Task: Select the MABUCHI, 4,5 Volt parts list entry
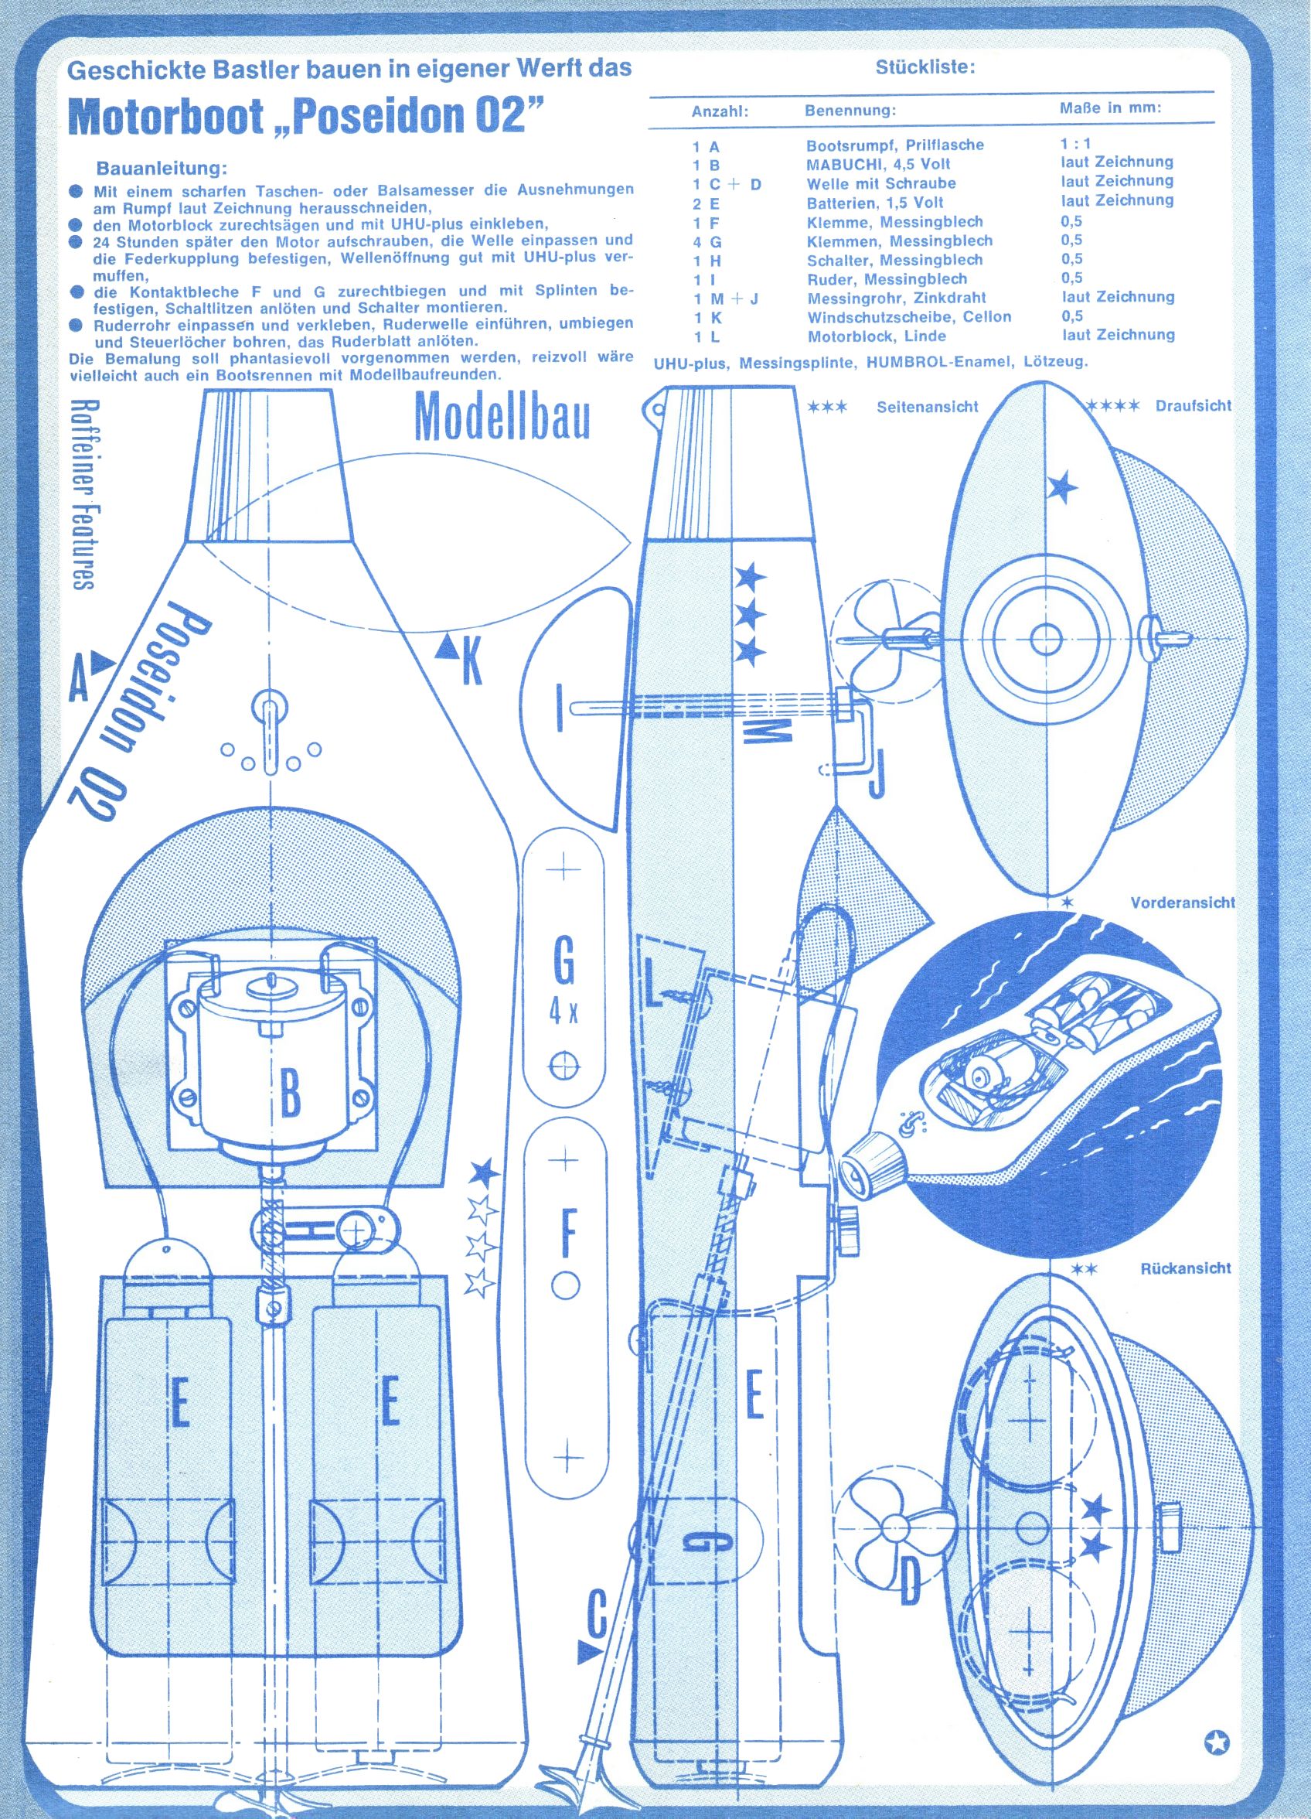pyautogui.click(x=878, y=165)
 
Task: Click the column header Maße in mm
pyautogui.click(x=1110, y=108)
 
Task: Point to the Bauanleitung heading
pyautogui.click(x=162, y=169)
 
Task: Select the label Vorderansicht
pyautogui.click(x=1183, y=903)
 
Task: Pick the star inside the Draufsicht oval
pyautogui.click(x=1062, y=486)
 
